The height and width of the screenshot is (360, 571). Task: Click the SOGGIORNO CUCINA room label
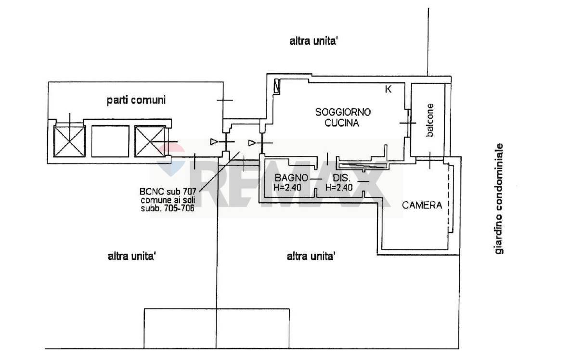tap(343, 117)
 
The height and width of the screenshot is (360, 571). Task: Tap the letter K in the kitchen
tap(388, 89)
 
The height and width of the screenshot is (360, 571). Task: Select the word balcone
tap(430, 120)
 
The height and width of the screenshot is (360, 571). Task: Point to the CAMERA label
tap(422, 206)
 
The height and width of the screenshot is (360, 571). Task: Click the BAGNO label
tap(291, 178)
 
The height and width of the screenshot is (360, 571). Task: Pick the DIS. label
tap(341, 178)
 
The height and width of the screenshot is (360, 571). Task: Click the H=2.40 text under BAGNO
tap(287, 188)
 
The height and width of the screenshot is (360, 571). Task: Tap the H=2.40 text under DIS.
tap(339, 188)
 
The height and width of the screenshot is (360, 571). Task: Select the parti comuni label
tap(136, 100)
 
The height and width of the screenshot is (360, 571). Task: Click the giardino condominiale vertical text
tap(499, 199)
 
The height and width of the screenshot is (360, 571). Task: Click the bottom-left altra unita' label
tap(132, 256)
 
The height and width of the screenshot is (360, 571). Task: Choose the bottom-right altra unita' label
tap(311, 256)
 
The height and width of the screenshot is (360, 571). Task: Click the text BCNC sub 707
tap(168, 192)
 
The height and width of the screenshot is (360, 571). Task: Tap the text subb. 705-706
tap(168, 208)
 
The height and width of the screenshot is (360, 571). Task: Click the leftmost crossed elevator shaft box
tap(69, 141)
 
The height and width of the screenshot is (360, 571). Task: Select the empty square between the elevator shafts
tap(110, 141)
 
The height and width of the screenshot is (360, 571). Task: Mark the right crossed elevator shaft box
tap(150, 141)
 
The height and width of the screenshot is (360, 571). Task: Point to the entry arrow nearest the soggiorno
tap(252, 143)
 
